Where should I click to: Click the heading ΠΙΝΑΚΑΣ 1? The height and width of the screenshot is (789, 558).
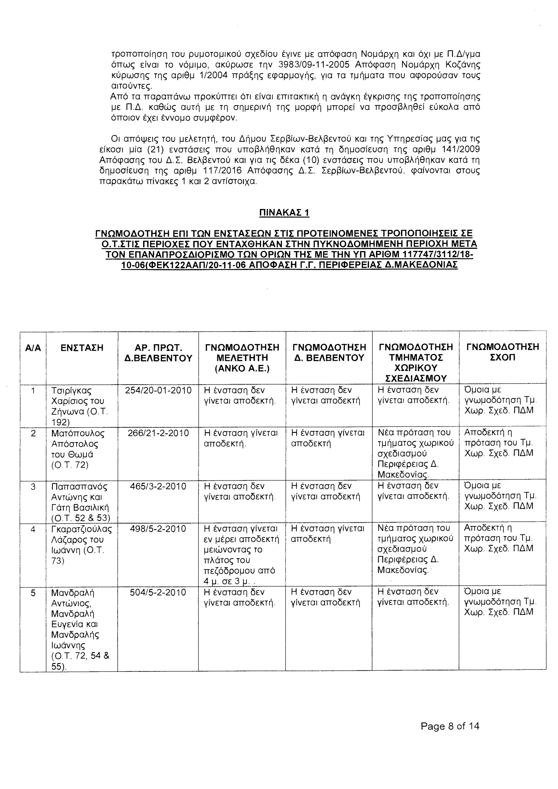coord(284,213)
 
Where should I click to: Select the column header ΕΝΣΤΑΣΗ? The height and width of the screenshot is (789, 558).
coord(82,348)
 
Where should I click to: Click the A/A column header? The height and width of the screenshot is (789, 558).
coord(33,348)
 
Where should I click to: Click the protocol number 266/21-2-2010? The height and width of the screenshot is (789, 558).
coord(158,433)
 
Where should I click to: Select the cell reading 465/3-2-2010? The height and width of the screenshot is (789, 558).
coord(158,486)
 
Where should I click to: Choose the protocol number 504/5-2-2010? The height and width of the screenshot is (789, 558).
coord(158,592)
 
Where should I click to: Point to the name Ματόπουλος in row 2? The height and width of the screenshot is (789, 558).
coord(78,433)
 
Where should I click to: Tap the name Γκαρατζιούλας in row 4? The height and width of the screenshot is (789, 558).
coord(81,529)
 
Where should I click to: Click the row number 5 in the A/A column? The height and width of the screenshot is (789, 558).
coord(33,593)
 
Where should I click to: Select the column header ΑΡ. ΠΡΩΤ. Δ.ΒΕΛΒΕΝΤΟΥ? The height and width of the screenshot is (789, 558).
coord(158,353)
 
